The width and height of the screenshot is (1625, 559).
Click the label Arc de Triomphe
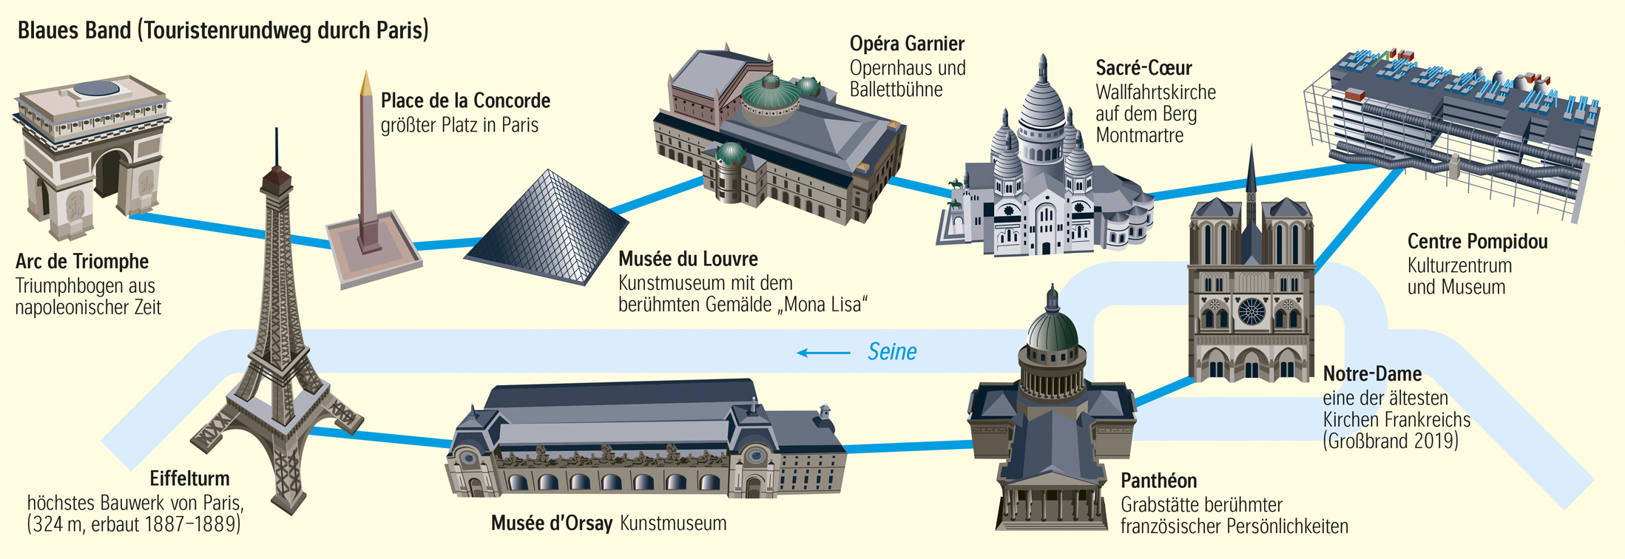[82, 262]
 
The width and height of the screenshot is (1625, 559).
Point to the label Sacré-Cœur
[1143, 68]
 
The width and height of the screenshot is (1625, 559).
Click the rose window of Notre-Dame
[1251, 310]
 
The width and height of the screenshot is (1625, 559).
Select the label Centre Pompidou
[1477, 242]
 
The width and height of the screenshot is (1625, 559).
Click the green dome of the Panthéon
[1051, 328]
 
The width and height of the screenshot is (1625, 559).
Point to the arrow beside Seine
[822, 353]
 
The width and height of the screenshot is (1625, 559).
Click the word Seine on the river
[892, 352]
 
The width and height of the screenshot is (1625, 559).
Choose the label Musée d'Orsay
[551, 524]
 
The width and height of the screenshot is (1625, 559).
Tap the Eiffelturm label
[189, 478]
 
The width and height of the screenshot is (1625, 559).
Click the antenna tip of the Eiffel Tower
[277, 132]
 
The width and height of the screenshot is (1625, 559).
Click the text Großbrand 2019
[1391, 441]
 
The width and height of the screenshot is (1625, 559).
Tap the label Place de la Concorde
[465, 101]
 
